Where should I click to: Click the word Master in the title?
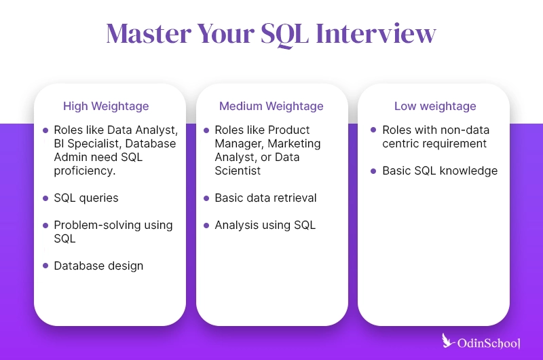point(149,33)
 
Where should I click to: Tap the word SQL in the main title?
point(284,35)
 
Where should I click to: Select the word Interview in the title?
point(376,33)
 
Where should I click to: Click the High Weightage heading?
point(106,107)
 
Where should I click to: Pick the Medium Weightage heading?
point(271,107)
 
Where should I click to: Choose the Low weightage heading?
point(435,107)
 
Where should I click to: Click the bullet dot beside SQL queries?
point(45,198)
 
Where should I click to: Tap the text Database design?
point(98,266)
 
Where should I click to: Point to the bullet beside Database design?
point(45,266)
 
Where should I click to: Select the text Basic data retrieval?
point(265,198)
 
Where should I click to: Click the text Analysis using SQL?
point(265,226)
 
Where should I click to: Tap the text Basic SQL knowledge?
point(440,170)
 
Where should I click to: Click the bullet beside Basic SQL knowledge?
point(373,171)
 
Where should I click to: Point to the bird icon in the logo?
point(448,340)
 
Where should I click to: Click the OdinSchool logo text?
point(489,344)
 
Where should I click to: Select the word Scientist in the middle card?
point(238,170)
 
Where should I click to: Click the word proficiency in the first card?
point(85,170)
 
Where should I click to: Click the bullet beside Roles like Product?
point(206,130)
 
